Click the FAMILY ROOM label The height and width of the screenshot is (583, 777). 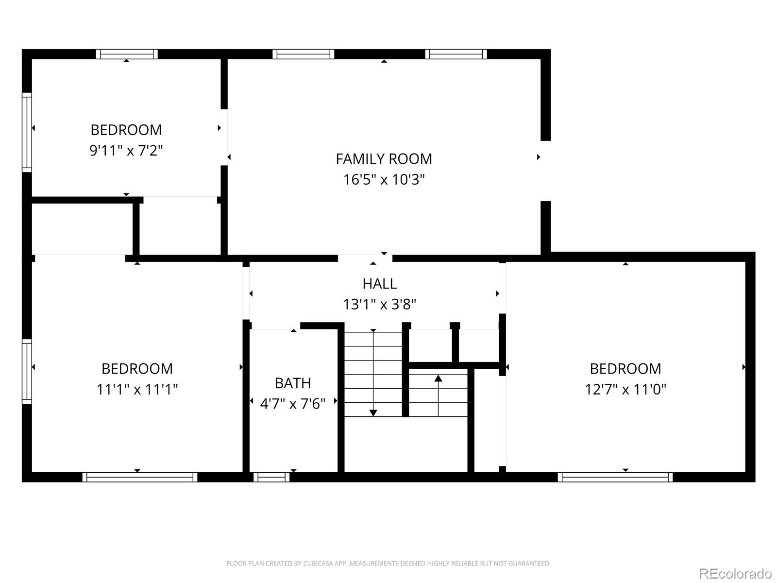click(x=384, y=159)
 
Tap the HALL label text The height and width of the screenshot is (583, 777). click(x=379, y=283)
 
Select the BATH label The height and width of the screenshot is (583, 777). click(x=293, y=383)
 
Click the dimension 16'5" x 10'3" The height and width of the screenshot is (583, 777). click(x=384, y=180)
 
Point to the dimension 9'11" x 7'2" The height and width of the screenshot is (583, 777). click(x=126, y=151)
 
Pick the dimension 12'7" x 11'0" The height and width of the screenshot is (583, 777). click(x=625, y=390)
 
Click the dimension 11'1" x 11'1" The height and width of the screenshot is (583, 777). click(x=137, y=390)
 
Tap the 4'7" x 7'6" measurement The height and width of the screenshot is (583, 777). click(x=293, y=404)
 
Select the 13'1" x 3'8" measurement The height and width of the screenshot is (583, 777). click(x=379, y=305)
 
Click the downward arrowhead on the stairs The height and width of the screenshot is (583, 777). click(x=373, y=413)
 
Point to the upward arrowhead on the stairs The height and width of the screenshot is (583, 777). click(x=438, y=378)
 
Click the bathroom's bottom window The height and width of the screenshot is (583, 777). click(x=271, y=477)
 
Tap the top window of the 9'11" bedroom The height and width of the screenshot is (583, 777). click(x=127, y=54)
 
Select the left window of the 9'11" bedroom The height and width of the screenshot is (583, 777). click(x=27, y=132)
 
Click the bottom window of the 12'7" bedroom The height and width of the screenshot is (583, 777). click(x=615, y=477)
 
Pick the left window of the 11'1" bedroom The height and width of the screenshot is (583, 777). click(x=27, y=371)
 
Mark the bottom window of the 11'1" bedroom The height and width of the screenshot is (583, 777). click(x=140, y=477)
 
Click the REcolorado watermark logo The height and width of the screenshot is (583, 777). click(x=735, y=573)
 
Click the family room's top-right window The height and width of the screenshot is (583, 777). click(x=456, y=54)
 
